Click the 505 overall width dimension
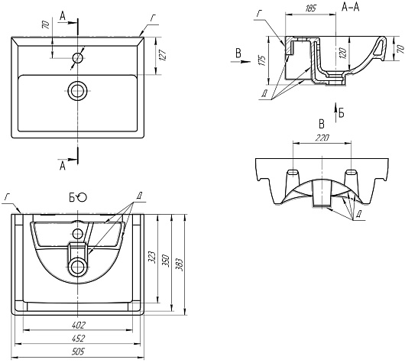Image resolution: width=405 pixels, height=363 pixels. pos(78,352)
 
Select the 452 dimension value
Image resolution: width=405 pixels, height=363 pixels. pos(78,339)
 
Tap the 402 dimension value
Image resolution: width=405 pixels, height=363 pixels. pos(78,325)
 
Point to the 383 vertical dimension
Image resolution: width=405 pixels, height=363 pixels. pos(180,264)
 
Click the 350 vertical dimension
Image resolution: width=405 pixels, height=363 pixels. pos(166,261)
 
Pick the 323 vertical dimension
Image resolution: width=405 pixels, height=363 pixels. pos(152,258)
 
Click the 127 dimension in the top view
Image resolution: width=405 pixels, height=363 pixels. pos(163,55)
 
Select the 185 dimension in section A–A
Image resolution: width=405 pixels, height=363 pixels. pos(310,8)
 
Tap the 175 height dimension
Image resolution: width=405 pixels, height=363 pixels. pos(262,60)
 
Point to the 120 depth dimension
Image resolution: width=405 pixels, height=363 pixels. pos(342,53)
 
